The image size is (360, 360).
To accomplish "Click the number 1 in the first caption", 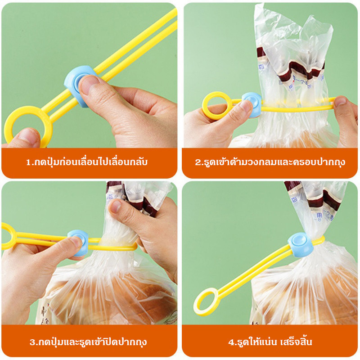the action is pos(28,162).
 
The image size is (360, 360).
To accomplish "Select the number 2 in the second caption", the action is pos(198,162).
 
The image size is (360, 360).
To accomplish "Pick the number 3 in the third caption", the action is pos(32,342).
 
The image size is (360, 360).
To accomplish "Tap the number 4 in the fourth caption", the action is pos(231,342).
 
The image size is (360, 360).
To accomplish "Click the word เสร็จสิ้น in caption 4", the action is pos(296,342).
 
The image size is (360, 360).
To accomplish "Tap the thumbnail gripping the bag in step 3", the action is pos(116,206).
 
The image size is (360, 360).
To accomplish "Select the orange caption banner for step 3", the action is pos(89,341).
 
